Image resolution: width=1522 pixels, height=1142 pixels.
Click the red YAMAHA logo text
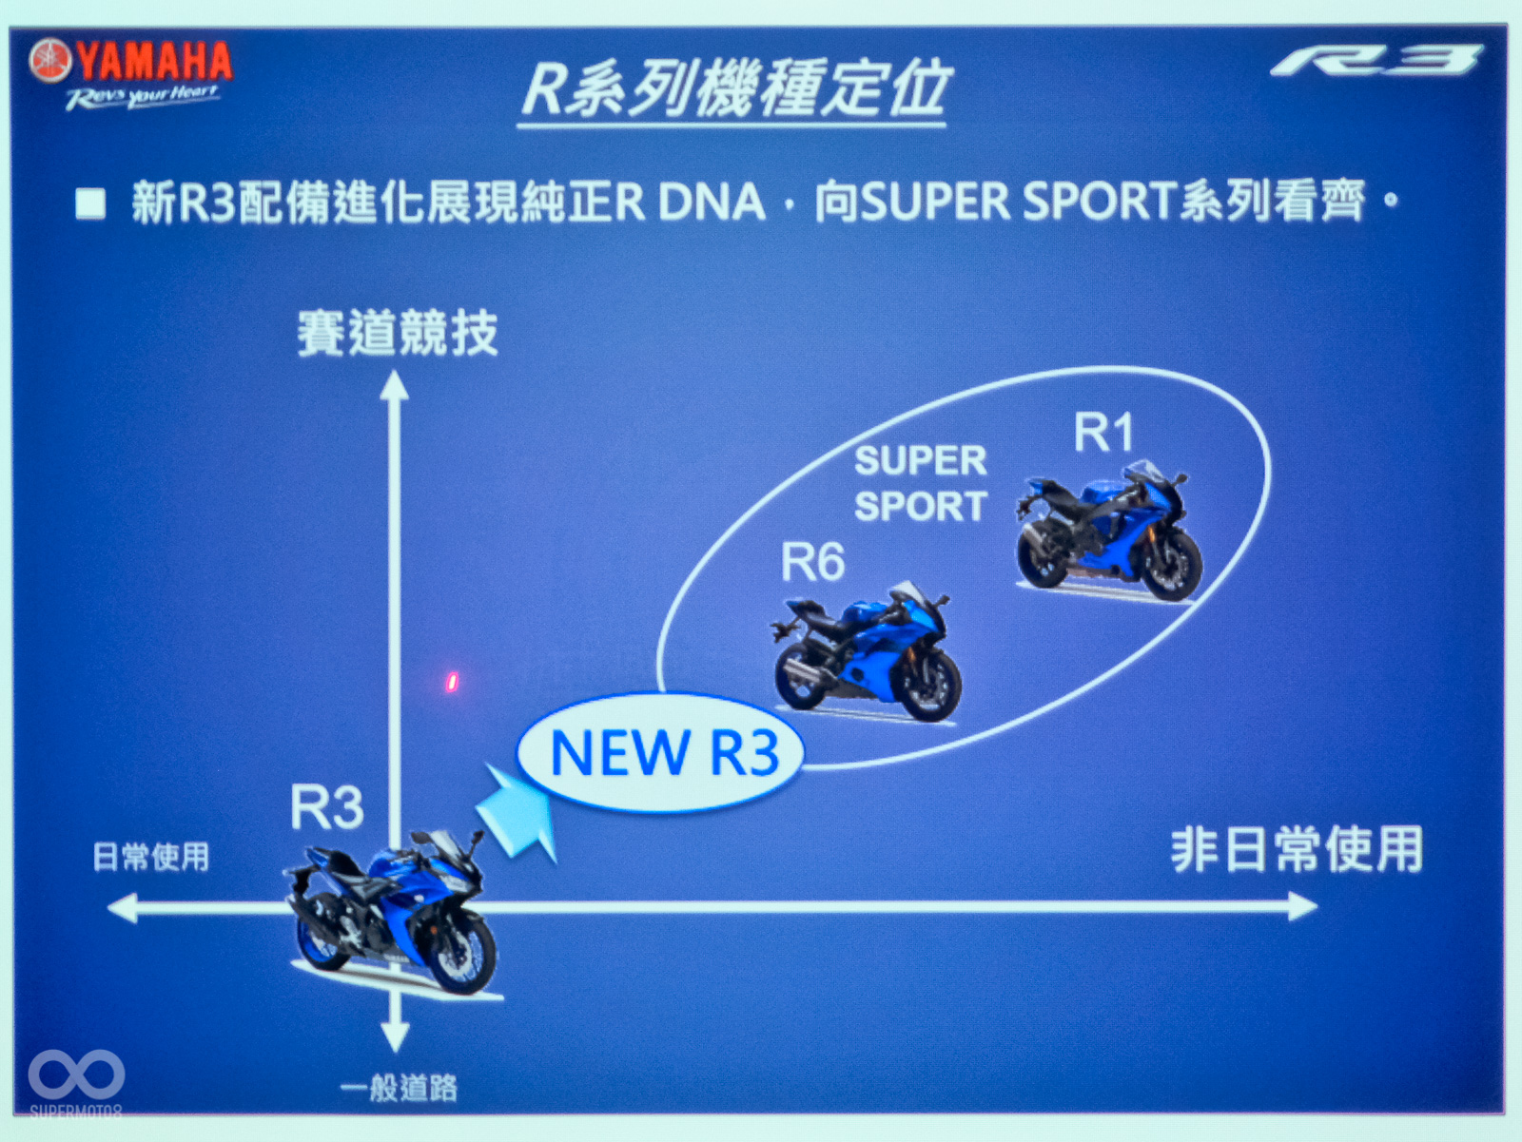(x=154, y=61)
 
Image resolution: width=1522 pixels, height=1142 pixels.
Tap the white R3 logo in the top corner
(x=1376, y=61)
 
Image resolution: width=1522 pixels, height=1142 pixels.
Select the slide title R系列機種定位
(x=734, y=89)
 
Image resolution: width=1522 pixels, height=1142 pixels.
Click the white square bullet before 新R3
(x=90, y=203)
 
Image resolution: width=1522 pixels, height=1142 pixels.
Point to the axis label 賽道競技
(x=397, y=333)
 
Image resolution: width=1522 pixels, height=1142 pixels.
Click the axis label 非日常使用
(x=1297, y=849)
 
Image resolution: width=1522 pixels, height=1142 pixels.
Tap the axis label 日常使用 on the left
(x=150, y=857)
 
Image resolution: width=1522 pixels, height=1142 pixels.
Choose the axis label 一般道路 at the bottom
(x=400, y=1087)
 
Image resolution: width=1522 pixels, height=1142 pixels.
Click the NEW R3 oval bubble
(x=660, y=752)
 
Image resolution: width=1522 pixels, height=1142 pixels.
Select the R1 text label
(x=1103, y=433)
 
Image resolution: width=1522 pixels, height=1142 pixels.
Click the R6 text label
(x=812, y=562)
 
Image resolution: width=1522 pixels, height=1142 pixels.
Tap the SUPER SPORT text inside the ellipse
(x=920, y=483)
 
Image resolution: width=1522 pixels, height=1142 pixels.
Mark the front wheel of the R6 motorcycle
(x=929, y=687)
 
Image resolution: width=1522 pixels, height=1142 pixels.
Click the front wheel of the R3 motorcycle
(x=462, y=954)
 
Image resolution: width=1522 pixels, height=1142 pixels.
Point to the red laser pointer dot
(x=453, y=681)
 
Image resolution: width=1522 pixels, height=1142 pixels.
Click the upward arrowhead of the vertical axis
(x=394, y=385)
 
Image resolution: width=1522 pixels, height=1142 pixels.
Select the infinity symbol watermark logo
(x=76, y=1075)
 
